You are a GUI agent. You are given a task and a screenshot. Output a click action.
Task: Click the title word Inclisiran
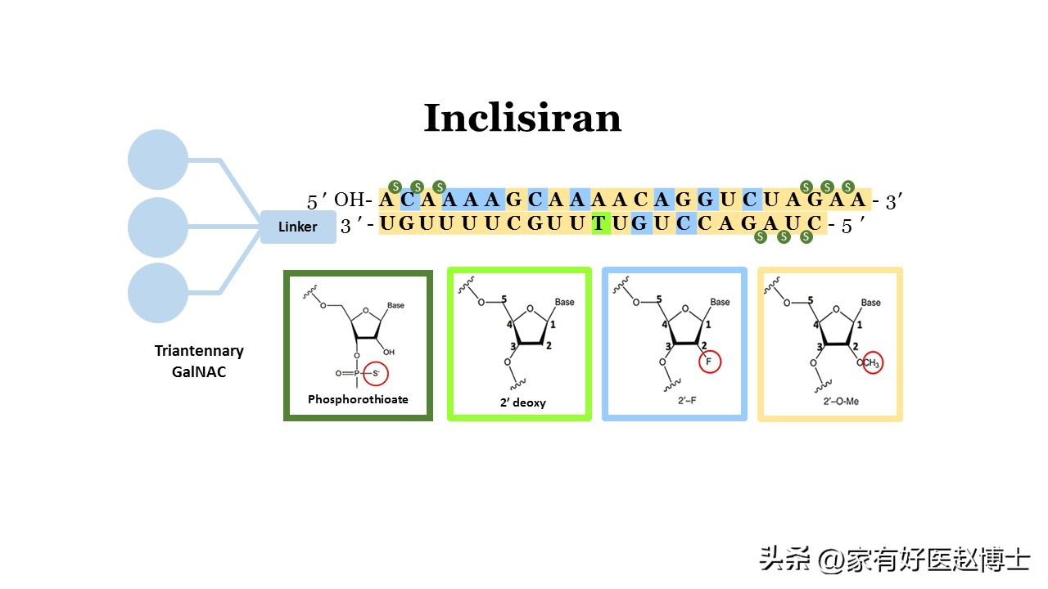click(522, 119)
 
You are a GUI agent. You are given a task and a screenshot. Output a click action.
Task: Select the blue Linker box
click(298, 227)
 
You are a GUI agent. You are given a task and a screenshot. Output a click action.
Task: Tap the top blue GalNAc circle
click(158, 160)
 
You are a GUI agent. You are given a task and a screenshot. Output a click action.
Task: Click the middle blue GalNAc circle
click(158, 227)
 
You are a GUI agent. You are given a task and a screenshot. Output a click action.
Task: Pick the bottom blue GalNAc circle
click(158, 292)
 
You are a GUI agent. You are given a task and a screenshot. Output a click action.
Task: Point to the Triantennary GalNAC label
click(199, 360)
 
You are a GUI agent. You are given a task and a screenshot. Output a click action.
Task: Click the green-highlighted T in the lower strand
click(600, 224)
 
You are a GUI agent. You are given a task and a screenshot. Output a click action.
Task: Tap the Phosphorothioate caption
click(358, 399)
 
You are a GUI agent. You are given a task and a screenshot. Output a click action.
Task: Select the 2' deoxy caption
click(523, 402)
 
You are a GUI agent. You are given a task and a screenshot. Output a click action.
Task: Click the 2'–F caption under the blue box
click(674, 400)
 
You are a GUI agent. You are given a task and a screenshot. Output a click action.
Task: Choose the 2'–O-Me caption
click(830, 400)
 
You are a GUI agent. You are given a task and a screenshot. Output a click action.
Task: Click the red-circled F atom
click(709, 362)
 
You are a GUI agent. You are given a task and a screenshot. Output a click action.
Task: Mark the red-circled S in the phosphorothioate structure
click(376, 374)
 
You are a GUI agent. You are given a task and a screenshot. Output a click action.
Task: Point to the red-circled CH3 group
click(872, 363)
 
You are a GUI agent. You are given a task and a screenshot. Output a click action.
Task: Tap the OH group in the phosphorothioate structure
click(388, 352)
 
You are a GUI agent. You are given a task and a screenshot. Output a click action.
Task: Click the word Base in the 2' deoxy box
click(565, 302)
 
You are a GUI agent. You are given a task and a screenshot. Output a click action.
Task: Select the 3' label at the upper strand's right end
click(893, 201)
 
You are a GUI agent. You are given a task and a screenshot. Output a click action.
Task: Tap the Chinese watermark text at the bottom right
click(894, 560)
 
